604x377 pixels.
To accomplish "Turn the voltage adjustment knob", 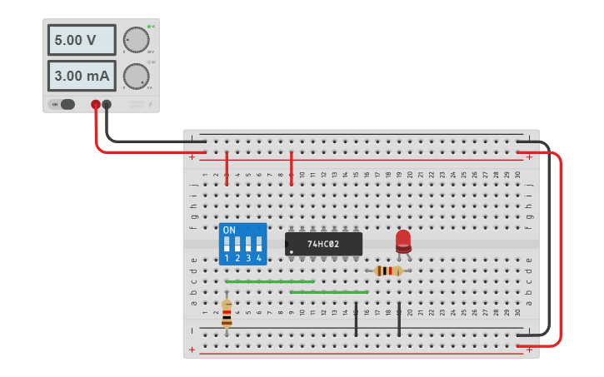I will point(136,40).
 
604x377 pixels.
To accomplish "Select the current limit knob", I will point(136,76).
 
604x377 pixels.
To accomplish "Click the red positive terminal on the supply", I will point(96,104).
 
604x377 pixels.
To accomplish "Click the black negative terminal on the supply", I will point(107,104).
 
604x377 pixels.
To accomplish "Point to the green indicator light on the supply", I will point(149,27).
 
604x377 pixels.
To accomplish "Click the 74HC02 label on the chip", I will point(323,244).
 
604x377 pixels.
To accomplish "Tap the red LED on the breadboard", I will point(403,241).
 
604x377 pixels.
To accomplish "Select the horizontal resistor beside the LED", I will point(387,270).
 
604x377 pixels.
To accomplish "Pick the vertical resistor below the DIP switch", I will point(227,312).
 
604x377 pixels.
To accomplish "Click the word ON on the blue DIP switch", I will point(229,230).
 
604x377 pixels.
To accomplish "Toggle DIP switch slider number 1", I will point(227,245).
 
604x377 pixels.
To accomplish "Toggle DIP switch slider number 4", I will point(259,245).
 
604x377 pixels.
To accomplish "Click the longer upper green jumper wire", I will point(269,281).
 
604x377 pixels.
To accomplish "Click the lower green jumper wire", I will point(329,292).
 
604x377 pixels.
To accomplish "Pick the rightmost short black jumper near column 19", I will point(399,320).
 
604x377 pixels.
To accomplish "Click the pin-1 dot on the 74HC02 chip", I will point(291,251).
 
